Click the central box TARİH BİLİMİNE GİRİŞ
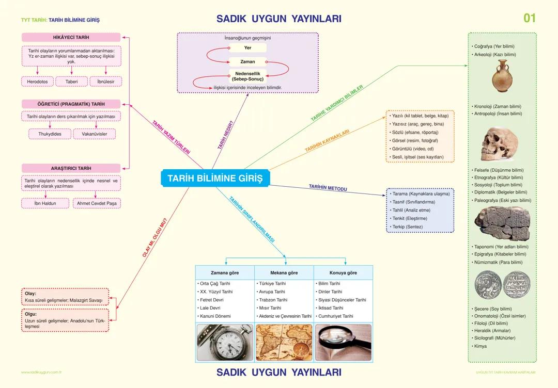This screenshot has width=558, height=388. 215,179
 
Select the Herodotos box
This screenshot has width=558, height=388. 38,82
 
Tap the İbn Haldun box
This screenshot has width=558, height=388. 45,203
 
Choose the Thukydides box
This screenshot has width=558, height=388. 50,134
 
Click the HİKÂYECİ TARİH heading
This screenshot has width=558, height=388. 71,38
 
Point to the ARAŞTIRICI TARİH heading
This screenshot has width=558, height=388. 71,168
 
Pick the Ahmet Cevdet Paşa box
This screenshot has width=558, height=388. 97,203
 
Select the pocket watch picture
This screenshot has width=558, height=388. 224,343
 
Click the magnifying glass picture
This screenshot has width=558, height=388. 343,343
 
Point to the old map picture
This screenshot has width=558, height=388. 284,343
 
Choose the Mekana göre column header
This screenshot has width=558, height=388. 284,272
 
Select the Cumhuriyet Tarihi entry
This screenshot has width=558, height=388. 336,316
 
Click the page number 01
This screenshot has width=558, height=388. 530,19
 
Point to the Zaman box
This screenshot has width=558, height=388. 248,61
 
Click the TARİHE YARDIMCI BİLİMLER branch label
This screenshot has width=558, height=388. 337,103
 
